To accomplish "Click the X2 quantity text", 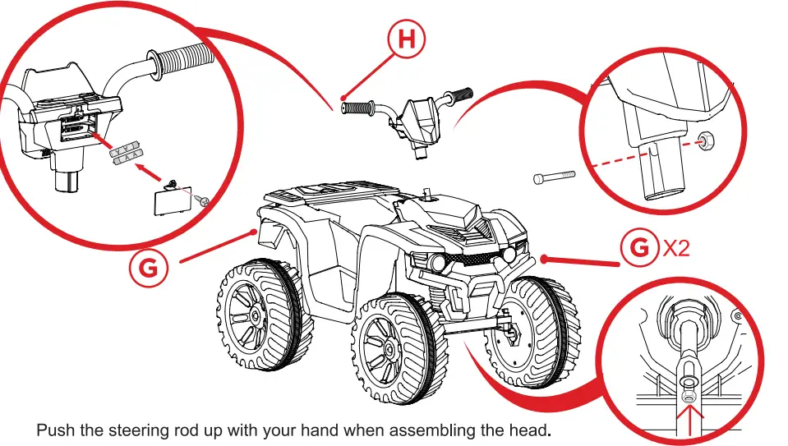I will click(675, 250).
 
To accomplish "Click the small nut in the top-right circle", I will click(703, 140).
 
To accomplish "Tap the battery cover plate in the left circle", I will click(170, 199).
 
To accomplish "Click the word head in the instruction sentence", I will click(531, 430).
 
